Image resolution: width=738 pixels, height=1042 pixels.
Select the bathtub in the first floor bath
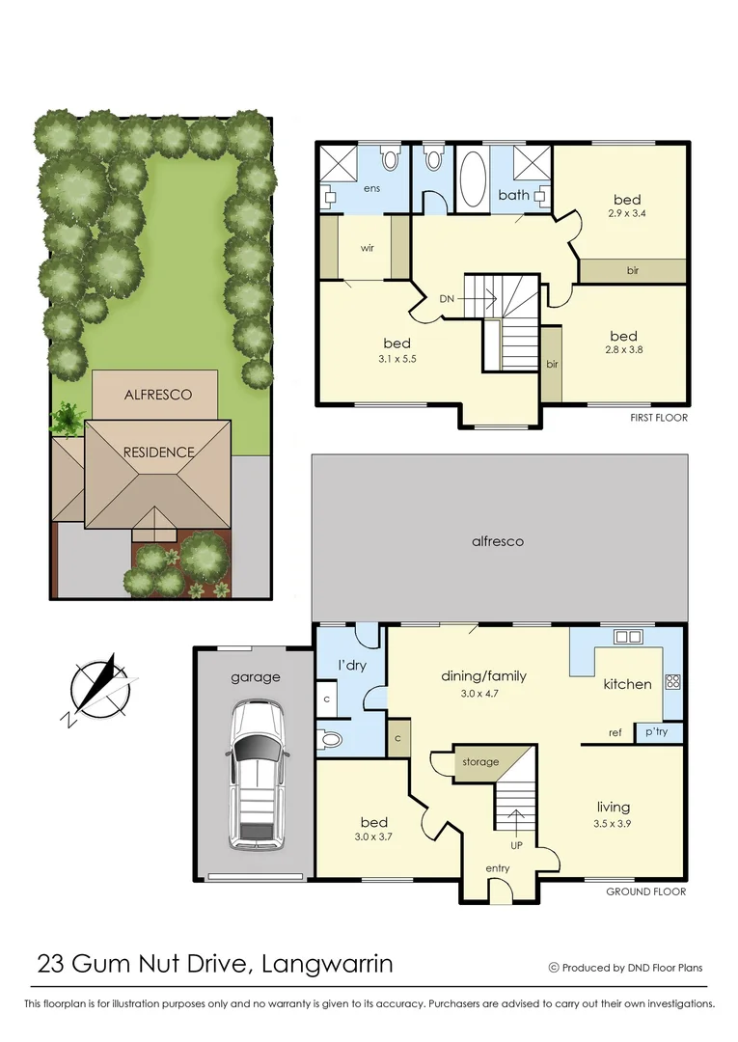click(x=473, y=178)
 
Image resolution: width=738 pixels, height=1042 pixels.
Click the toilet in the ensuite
click(x=389, y=157)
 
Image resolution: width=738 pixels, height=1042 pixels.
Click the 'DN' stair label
click(x=447, y=299)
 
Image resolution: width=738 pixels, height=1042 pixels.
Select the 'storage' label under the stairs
click(x=480, y=762)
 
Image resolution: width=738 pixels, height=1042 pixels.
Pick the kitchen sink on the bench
click(x=629, y=637)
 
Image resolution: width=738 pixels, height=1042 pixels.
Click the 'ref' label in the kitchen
click(x=615, y=733)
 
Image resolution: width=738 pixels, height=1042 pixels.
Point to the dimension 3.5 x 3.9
click(x=614, y=823)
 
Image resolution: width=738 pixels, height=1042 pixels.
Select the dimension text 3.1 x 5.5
click(x=396, y=360)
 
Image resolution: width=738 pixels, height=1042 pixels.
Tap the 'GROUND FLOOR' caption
click(x=645, y=891)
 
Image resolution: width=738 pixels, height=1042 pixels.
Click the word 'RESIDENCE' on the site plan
click(x=158, y=452)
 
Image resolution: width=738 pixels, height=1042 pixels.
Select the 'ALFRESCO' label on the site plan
click(x=158, y=395)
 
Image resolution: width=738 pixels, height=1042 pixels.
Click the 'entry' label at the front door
click(x=498, y=868)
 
